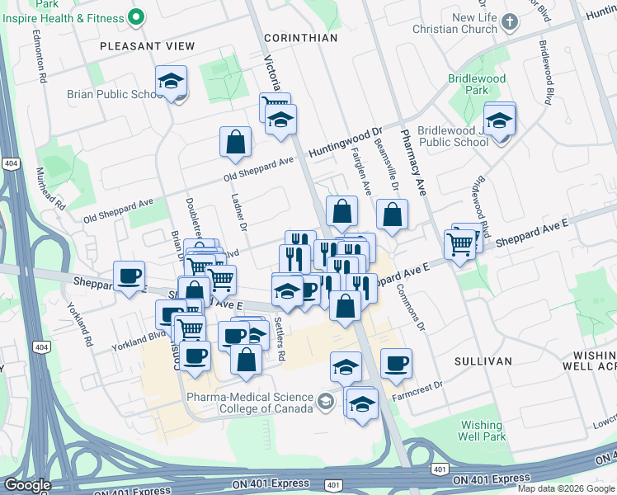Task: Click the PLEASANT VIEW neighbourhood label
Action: click(x=147, y=46)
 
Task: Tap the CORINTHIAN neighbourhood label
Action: click(x=301, y=38)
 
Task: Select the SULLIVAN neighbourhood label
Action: click(x=483, y=361)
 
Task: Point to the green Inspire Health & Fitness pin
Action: click(x=137, y=17)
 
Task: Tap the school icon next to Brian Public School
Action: click(x=171, y=82)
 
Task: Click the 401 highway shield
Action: click(x=439, y=469)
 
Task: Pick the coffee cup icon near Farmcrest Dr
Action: click(x=396, y=363)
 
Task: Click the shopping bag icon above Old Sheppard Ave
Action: click(x=235, y=142)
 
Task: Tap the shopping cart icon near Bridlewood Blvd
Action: click(x=459, y=243)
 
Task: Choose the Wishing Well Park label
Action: click(x=483, y=430)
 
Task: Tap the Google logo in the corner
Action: click(x=27, y=485)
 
